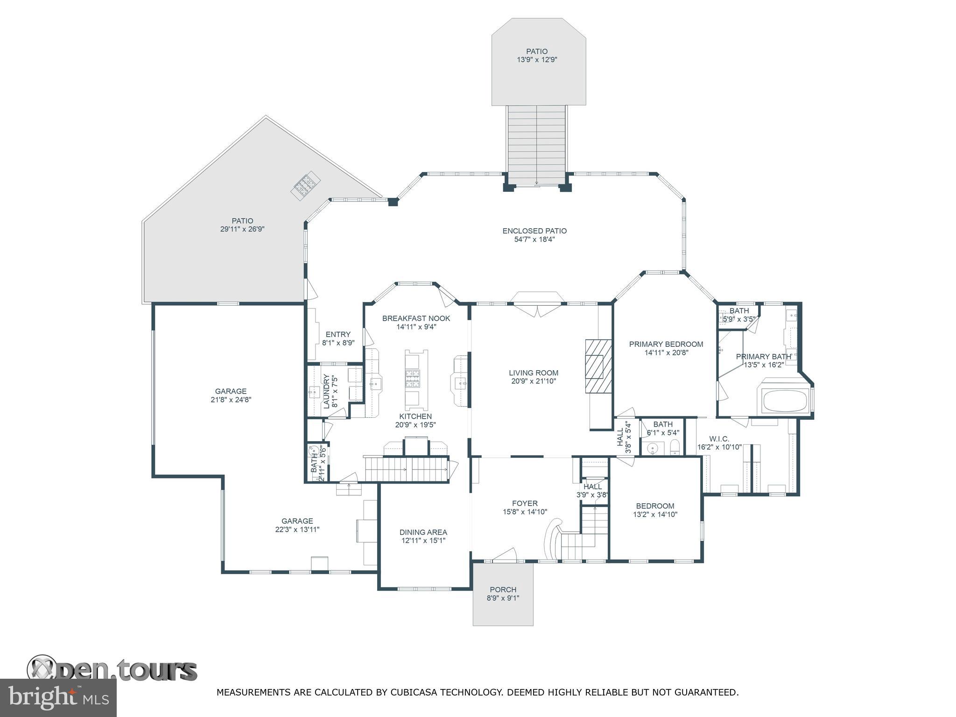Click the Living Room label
click(x=534, y=373)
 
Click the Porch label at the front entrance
click(x=503, y=590)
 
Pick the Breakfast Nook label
click(x=416, y=318)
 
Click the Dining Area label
click(x=423, y=532)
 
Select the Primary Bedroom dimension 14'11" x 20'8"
click(x=666, y=353)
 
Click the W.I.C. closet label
click(x=719, y=439)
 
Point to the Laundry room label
click(x=327, y=391)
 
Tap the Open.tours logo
click(x=112, y=670)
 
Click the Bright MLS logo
click(x=58, y=697)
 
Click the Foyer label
click(x=525, y=503)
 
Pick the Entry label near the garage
click(x=338, y=334)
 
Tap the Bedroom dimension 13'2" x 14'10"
click(x=655, y=514)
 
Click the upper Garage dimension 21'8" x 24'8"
click(x=231, y=400)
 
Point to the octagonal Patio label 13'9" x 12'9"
click(x=537, y=51)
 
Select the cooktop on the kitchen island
click(x=412, y=379)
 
